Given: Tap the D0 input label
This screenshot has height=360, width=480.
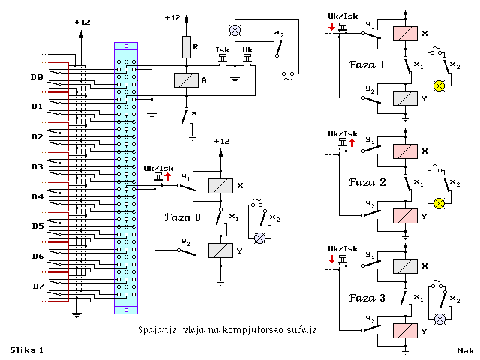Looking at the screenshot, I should (37, 76).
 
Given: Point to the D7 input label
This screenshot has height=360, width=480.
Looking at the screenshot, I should (37, 286).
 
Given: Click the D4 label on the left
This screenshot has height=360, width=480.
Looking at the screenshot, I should (37, 196).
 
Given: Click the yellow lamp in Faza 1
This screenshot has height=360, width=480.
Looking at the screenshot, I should (440, 86).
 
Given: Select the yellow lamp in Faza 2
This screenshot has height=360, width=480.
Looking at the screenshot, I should (440, 203).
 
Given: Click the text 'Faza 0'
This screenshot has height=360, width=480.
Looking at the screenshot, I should (182, 217).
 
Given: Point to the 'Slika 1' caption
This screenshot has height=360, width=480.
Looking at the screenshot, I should (26, 349).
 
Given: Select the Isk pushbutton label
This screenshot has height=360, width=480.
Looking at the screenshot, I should (222, 50).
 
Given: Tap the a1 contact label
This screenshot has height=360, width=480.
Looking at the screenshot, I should (196, 114).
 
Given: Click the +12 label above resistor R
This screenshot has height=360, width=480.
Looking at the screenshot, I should (172, 17).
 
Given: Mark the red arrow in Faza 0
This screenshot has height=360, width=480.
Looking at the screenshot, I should (167, 177).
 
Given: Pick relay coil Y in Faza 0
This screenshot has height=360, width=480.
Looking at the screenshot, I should (220, 250).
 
